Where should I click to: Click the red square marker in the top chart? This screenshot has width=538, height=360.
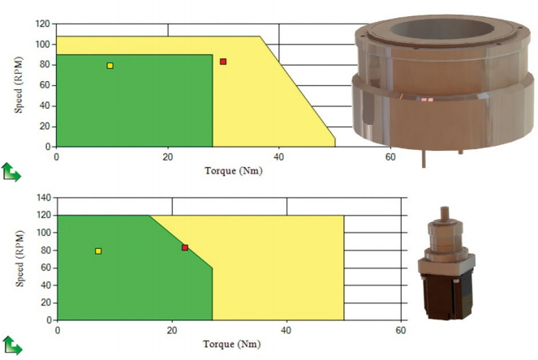[223, 62]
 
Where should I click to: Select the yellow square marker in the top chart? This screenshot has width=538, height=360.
[110, 66]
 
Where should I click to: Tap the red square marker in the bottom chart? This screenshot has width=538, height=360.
[185, 247]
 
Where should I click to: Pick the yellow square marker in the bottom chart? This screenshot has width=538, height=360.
[98, 251]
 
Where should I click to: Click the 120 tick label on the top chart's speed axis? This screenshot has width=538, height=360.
[42, 24]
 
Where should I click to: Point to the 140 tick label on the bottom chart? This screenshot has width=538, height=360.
[44, 198]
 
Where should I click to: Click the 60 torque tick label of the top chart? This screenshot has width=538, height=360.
[390, 157]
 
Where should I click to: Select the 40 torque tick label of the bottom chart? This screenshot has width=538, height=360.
[286, 330]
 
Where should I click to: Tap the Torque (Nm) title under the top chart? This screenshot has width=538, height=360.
[234, 171]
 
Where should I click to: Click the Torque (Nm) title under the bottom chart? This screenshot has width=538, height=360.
[232, 344]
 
